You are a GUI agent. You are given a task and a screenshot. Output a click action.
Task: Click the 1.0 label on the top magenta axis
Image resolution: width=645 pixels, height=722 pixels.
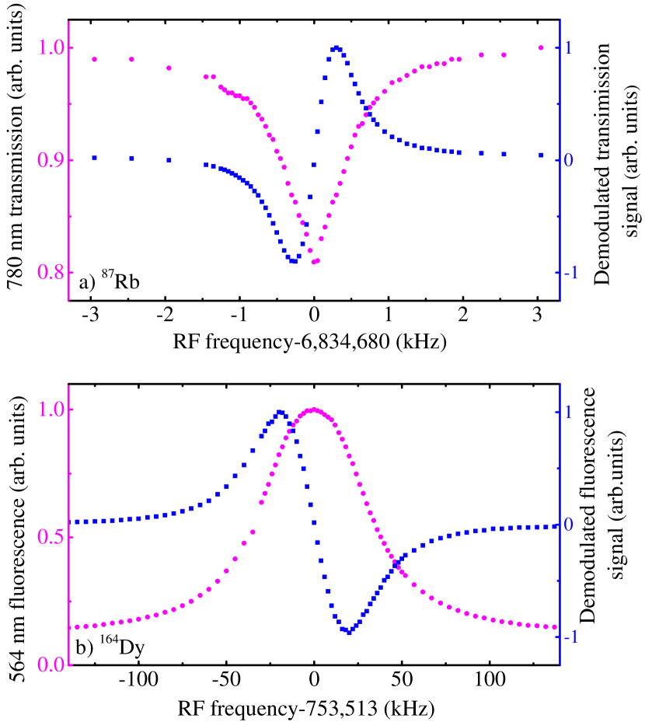(51, 48)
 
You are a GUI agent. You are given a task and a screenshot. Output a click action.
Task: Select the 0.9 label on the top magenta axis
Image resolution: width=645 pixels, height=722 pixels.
(51, 160)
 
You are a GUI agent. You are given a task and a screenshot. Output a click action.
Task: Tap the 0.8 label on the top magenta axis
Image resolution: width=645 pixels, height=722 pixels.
(51, 273)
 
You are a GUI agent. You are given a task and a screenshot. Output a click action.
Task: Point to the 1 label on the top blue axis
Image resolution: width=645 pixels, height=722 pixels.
(569, 48)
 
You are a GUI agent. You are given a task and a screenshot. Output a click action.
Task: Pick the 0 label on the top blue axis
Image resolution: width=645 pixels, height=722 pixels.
(569, 160)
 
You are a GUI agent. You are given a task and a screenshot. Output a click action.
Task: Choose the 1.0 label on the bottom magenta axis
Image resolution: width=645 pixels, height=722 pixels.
(51, 410)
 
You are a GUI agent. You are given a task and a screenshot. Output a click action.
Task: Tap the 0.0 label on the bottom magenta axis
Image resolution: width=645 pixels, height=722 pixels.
(51, 665)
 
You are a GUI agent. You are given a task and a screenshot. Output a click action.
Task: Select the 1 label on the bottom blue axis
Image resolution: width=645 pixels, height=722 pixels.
(569, 411)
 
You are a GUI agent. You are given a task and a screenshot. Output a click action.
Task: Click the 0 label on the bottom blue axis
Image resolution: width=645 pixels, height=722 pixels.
(569, 525)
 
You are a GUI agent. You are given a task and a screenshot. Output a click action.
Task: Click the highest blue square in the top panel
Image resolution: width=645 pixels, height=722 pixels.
(336, 48)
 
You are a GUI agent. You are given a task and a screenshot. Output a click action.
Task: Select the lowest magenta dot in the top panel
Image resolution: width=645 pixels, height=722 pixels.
(315, 262)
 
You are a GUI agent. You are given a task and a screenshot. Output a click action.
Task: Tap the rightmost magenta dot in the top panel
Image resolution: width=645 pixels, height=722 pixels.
(541, 48)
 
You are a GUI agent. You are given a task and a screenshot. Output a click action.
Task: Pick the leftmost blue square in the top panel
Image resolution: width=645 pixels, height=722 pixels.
(95, 158)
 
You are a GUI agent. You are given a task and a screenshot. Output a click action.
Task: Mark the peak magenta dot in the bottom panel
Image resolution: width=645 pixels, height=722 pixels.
(314, 410)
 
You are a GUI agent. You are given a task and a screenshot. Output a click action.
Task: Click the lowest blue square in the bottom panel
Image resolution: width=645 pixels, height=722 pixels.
(350, 632)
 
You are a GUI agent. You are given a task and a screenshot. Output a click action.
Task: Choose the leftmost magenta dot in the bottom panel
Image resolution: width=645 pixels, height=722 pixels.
(76, 626)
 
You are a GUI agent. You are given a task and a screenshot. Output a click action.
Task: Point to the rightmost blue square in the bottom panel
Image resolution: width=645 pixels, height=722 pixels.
(555, 526)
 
